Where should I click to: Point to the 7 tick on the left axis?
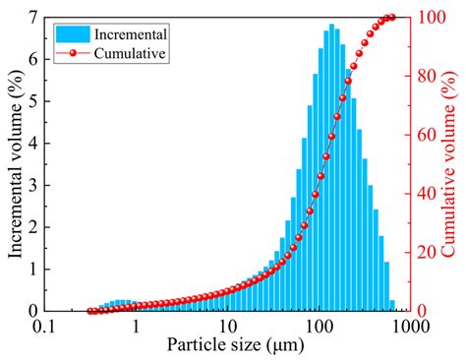[33, 18]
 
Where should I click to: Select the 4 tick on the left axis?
[33, 144]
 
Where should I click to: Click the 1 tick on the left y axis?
[33, 269]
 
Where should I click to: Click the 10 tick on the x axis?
[227, 326]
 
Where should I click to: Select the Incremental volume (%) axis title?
[14, 162]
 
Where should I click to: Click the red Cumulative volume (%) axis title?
[451, 162]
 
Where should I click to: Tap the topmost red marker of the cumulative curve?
[391, 18]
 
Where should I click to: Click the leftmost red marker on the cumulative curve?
[91, 310]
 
